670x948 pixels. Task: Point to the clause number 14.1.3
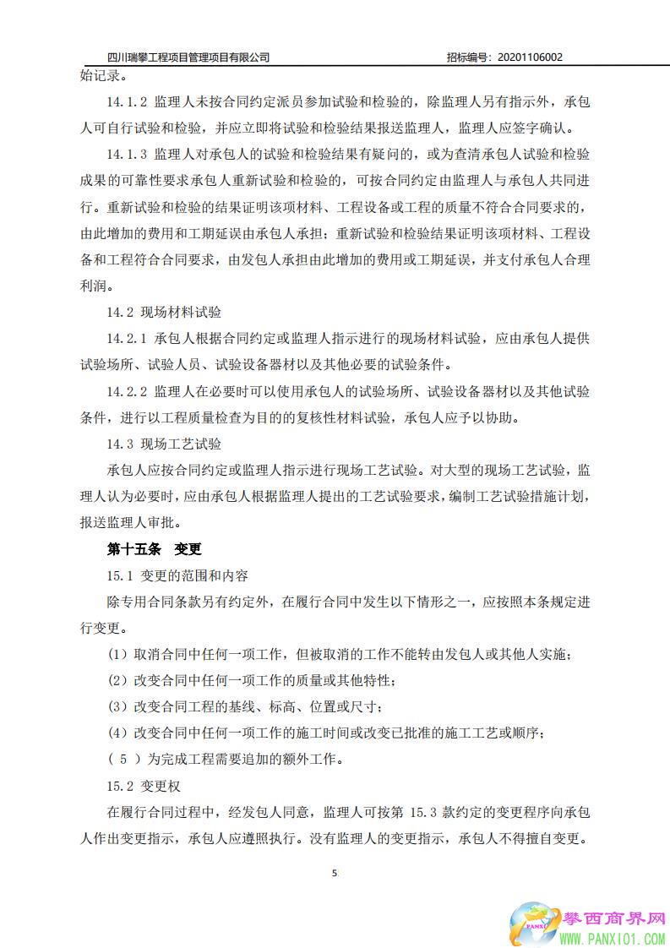[x=128, y=155]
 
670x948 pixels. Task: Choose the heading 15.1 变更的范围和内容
[x=177, y=576]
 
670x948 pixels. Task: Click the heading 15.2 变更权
[x=144, y=787]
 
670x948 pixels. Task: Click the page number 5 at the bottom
[x=335, y=874]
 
